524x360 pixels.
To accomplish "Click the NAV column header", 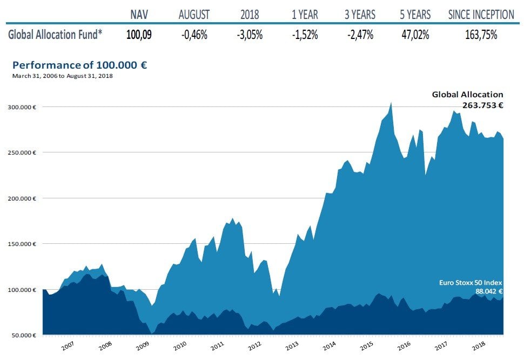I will tap(139, 15).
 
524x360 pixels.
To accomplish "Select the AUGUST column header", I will tap(194, 15).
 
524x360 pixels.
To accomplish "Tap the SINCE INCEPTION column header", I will tap(481, 15).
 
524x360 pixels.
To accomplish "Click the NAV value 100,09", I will tap(139, 35).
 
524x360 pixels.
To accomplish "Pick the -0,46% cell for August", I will tap(194, 35).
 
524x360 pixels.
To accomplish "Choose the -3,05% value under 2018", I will tap(250, 35).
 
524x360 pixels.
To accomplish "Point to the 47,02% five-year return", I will tap(415, 35).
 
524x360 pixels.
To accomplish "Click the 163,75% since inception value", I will tap(481, 35).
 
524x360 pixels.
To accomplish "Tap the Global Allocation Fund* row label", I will tap(56, 35).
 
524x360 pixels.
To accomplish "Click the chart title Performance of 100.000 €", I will tap(79, 65).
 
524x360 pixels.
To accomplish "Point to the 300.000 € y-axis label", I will tap(22, 107).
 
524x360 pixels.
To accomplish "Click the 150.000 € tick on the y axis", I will tap(22, 244).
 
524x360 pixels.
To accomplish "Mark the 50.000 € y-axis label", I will tap(22, 335).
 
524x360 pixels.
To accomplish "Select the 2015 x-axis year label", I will tap(367, 345).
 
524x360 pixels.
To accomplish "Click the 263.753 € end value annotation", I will tap(482, 105).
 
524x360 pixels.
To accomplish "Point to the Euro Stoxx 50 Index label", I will tap(470, 282).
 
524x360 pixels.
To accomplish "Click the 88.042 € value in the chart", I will tap(489, 290).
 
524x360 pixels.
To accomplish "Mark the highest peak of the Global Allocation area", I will tap(391, 102).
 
